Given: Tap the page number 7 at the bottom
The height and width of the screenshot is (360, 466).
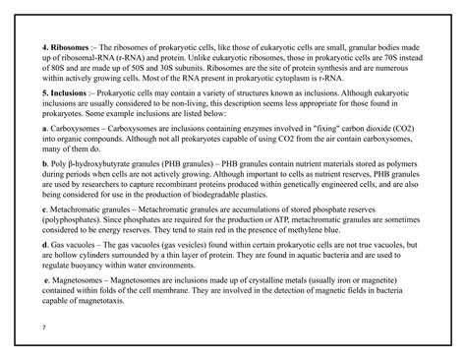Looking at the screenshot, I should tap(43, 324).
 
